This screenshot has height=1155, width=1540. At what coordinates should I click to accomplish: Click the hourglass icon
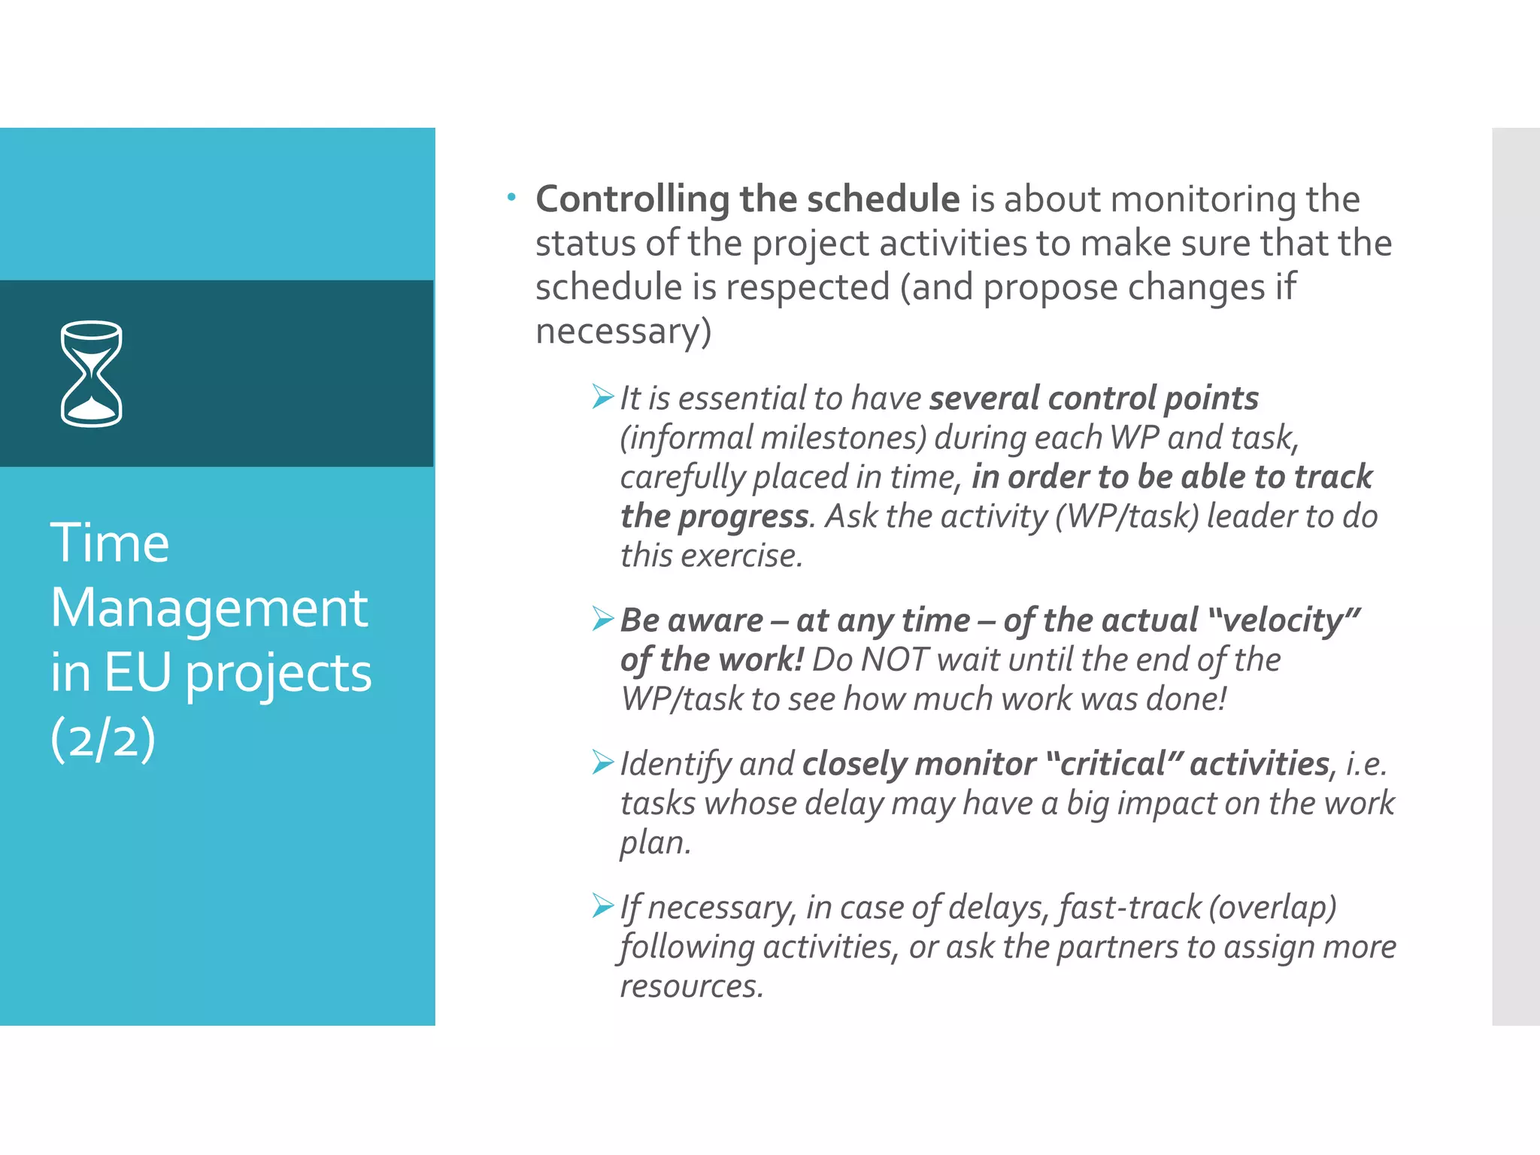click(x=91, y=374)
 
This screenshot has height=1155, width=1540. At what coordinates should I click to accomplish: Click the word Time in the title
click(x=110, y=543)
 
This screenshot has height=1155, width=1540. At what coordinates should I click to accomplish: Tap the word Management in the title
click(x=209, y=608)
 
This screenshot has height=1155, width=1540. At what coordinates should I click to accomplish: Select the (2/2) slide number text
click(x=103, y=738)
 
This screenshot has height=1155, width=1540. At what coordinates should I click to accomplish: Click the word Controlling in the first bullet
click(x=632, y=200)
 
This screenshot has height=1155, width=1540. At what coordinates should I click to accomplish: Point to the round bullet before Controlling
click(x=511, y=198)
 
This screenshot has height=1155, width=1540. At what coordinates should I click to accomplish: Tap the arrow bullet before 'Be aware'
click(x=602, y=618)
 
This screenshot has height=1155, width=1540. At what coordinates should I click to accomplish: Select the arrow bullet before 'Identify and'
click(x=602, y=762)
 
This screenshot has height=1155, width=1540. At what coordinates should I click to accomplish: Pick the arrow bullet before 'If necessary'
click(x=602, y=905)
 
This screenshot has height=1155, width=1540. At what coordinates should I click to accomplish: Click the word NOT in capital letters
click(x=894, y=660)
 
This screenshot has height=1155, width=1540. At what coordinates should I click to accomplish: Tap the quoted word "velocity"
click(x=1284, y=620)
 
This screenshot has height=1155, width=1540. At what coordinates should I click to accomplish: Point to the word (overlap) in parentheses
click(x=1272, y=908)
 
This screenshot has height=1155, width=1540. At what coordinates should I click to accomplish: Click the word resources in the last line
click(x=691, y=987)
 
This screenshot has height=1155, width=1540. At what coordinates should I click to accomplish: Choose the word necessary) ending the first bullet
click(x=623, y=332)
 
